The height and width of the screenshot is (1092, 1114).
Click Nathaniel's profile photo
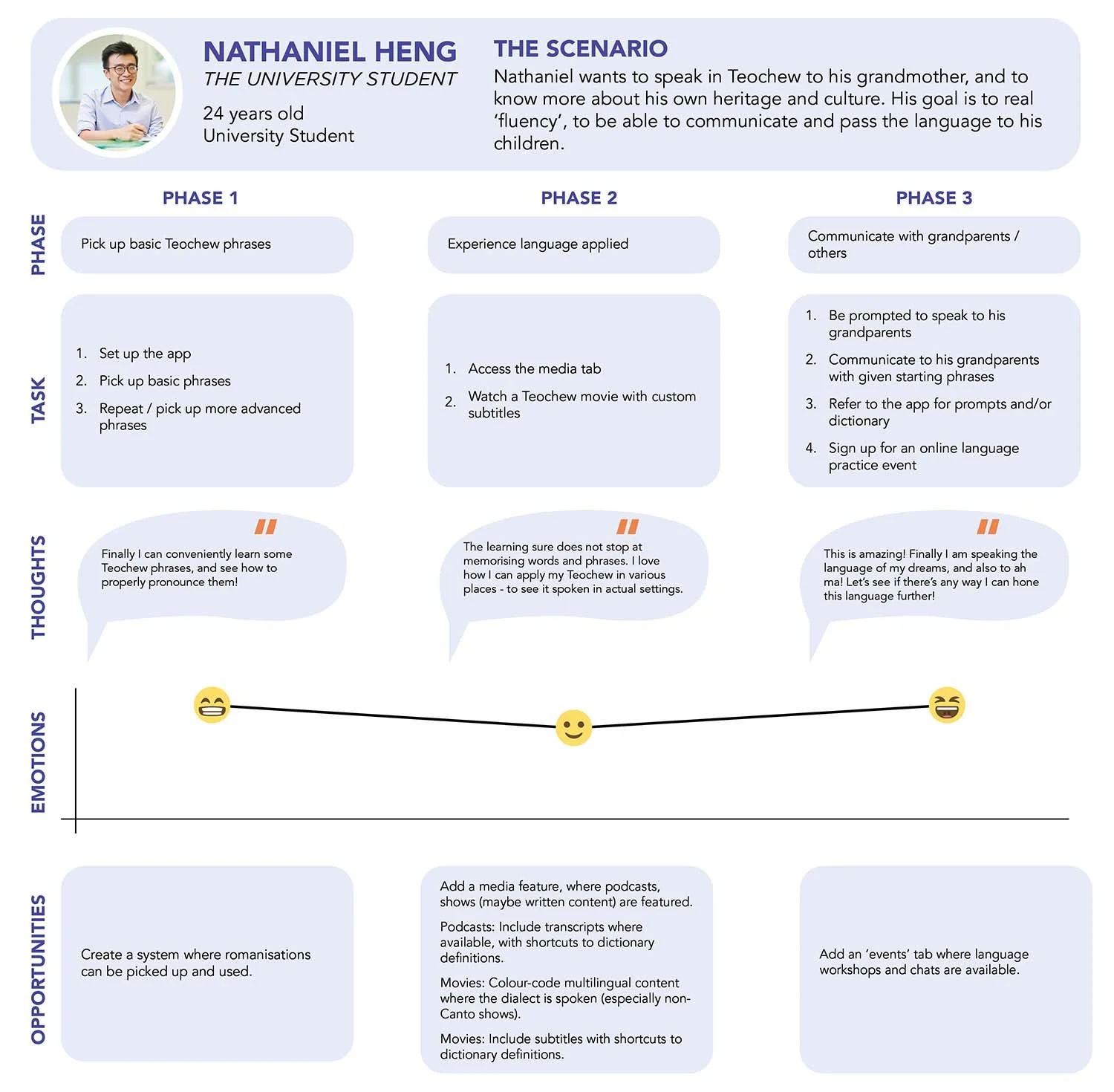pos(117,93)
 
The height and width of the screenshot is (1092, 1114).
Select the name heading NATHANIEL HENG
pos(330,52)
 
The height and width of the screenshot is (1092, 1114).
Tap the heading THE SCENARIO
pos(580,49)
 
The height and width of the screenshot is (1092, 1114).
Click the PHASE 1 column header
pos(200,198)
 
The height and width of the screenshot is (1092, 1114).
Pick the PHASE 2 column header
pos(579,198)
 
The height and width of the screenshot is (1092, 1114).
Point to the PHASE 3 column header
pos(934,198)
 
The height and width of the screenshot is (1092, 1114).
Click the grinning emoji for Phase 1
pos(212,705)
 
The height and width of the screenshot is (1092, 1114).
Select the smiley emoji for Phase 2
pos(573,727)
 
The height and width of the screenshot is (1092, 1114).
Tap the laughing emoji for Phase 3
pos(947,705)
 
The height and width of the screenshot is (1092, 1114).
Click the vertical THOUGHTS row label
pos(39,587)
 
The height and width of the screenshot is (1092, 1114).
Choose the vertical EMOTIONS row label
pos(39,762)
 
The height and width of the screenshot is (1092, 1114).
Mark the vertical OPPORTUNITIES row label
pos(39,969)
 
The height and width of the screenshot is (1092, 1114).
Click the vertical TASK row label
pos(39,400)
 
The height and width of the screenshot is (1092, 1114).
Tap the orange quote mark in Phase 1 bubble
pos(265,527)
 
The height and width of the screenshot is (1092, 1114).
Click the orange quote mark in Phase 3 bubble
pos(987,527)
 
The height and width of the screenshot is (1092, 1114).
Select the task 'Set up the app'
pos(145,354)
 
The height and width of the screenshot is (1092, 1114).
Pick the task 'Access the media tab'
pos(534,368)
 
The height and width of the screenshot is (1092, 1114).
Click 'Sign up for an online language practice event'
pos(923,456)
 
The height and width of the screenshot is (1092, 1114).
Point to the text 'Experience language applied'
pos(538,244)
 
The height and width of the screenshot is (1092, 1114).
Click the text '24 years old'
pos(253,114)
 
